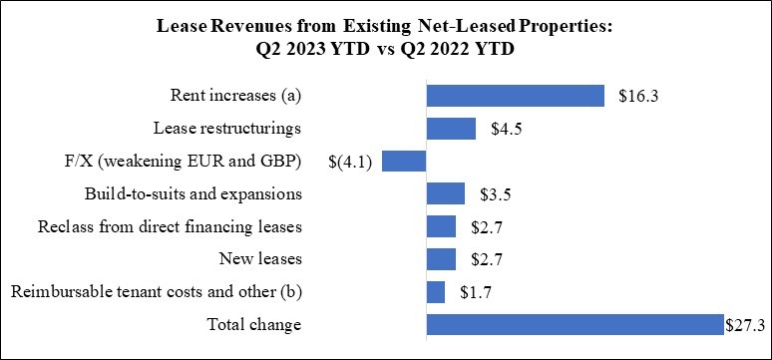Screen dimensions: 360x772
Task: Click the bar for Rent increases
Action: click(515, 96)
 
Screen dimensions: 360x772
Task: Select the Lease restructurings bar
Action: click(451, 129)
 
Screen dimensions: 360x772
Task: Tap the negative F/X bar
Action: click(404, 162)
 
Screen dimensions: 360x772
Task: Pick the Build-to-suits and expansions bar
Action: click(445, 193)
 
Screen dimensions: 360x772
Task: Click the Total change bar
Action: click(575, 324)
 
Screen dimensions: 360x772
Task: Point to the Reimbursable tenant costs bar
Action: click(435, 292)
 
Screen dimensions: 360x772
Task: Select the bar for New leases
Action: click(440, 259)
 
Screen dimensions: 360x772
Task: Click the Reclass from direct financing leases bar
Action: click(440, 226)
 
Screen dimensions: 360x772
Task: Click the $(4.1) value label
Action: click(350, 162)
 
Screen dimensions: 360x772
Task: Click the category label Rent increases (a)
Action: click(236, 96)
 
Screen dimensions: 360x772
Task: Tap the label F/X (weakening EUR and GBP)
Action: click(181, 162)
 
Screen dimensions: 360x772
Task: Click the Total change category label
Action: click(253, 324)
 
